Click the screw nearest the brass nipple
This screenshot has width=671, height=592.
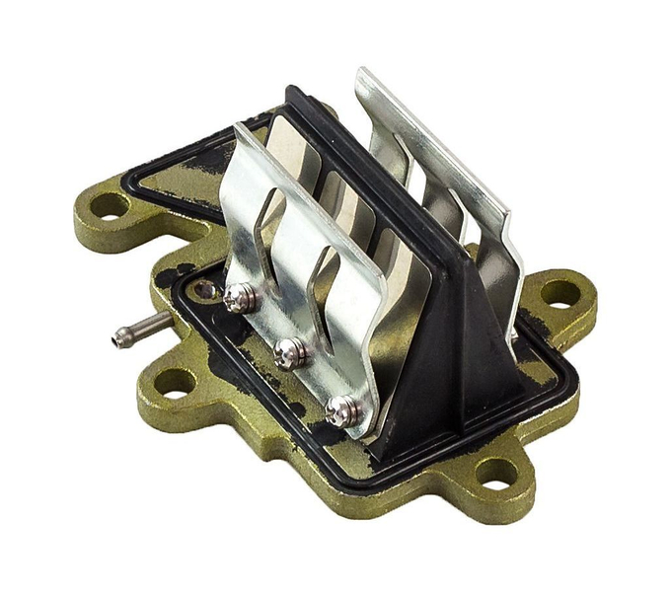239,296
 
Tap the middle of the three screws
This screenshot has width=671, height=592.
288,350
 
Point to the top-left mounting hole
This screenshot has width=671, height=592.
108,206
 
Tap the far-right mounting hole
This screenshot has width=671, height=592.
559,292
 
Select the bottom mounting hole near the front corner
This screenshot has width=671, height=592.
490,471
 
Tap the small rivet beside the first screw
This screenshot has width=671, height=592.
204,290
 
